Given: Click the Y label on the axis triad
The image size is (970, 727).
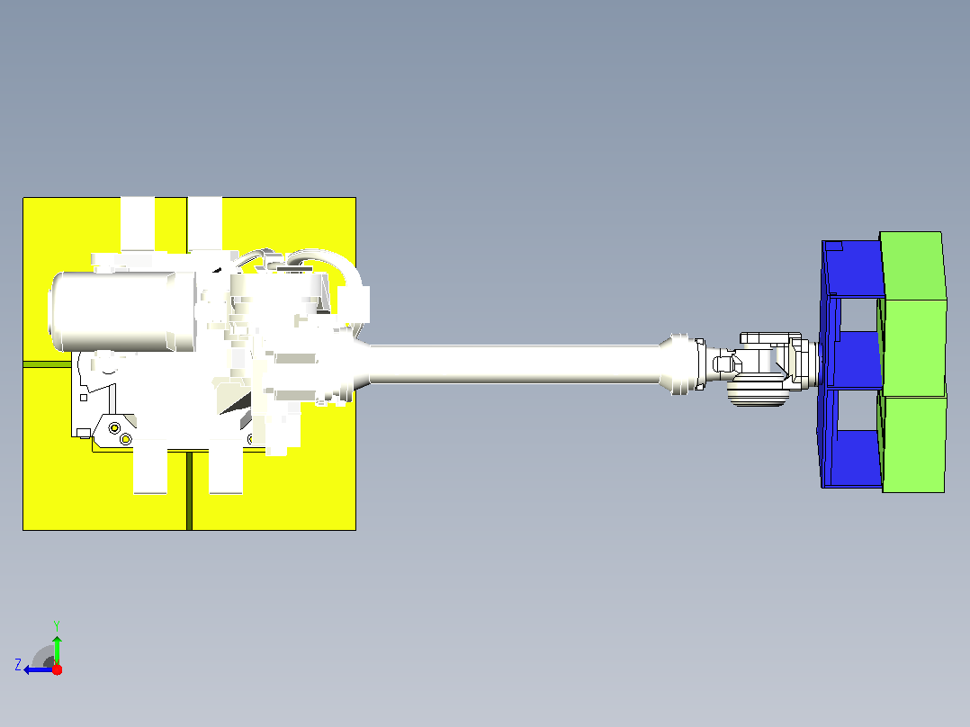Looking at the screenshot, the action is click(57, 625).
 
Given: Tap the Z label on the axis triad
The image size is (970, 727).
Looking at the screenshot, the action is click(18, 665).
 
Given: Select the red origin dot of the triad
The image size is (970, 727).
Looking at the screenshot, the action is click(57, 669).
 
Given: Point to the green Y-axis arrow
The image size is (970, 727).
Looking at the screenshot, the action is click(57, 650).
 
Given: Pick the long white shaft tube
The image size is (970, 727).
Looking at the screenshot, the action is click(515, 363).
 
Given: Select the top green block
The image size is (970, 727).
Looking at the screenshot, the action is click(913, 265).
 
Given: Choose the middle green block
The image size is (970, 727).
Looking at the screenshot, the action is click(914, 347).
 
